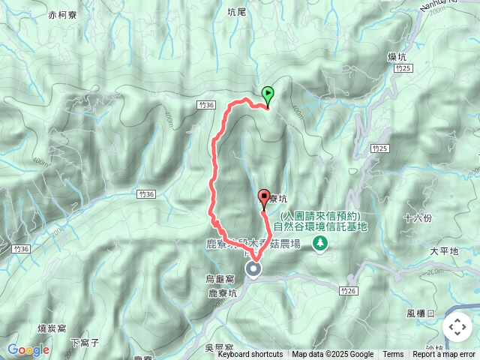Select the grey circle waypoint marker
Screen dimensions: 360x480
pyautogui.click(x=253, y=269)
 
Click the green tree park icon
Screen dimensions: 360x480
pyautogui.click(x=320, y=242)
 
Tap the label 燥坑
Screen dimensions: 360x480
pyautogui.click(x=397, y=57)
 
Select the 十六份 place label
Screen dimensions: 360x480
pyautogui.click(x=417, y=218)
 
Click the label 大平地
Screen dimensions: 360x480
pyautogui.click(x=444, y=251)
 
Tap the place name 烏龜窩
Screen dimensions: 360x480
pyautogui.click(x=220, y=278)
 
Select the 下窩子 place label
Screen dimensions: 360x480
pyautogui.click(x=85, y=342)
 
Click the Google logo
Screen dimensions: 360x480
pyautogui.click(x=28, y=349)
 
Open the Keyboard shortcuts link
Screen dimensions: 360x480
pyautogui.click(x=250, y=355)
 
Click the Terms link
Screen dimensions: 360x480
pyautogui.click(x=393, y=355)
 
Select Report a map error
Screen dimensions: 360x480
pyautogui.click(x=444, y=355)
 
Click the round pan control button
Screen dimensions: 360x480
pyautogui.click(x=457, y=327)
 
